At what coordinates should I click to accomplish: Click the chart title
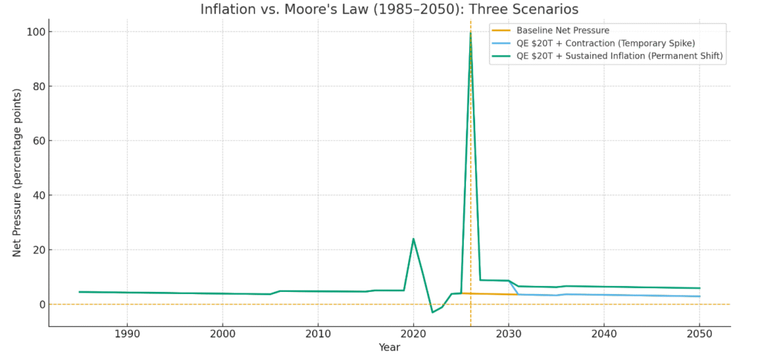390,10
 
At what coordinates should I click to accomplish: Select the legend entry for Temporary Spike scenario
606,44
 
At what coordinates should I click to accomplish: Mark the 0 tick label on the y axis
42,305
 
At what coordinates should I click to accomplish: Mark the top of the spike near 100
471,33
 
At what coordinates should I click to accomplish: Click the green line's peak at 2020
413,239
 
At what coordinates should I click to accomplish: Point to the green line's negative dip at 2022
433,312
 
